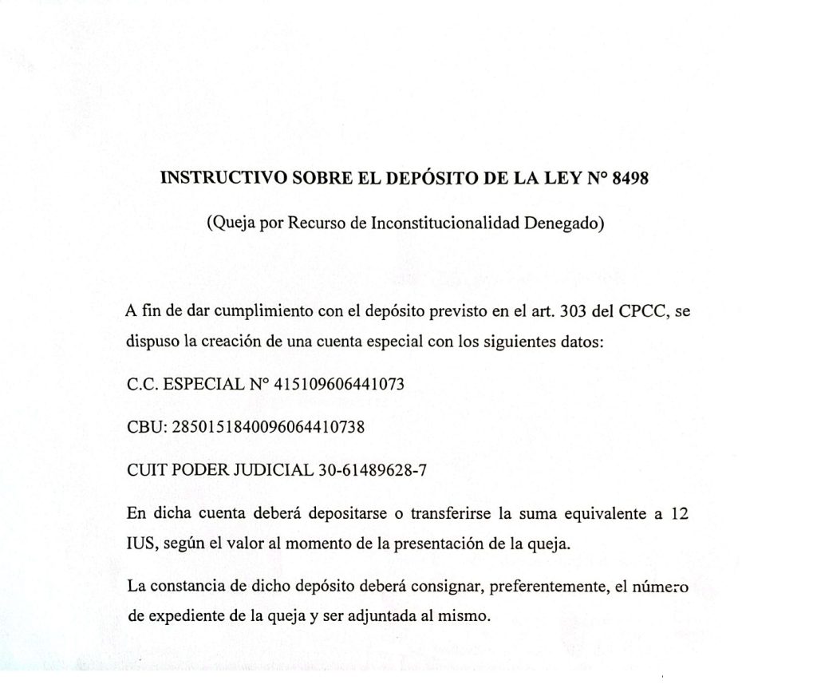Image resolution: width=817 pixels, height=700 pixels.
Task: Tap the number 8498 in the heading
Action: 631,178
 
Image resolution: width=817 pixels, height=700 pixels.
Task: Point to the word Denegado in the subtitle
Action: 564,224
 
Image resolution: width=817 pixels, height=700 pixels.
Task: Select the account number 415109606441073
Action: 339,384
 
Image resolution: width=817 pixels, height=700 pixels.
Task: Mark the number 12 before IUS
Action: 678,513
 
